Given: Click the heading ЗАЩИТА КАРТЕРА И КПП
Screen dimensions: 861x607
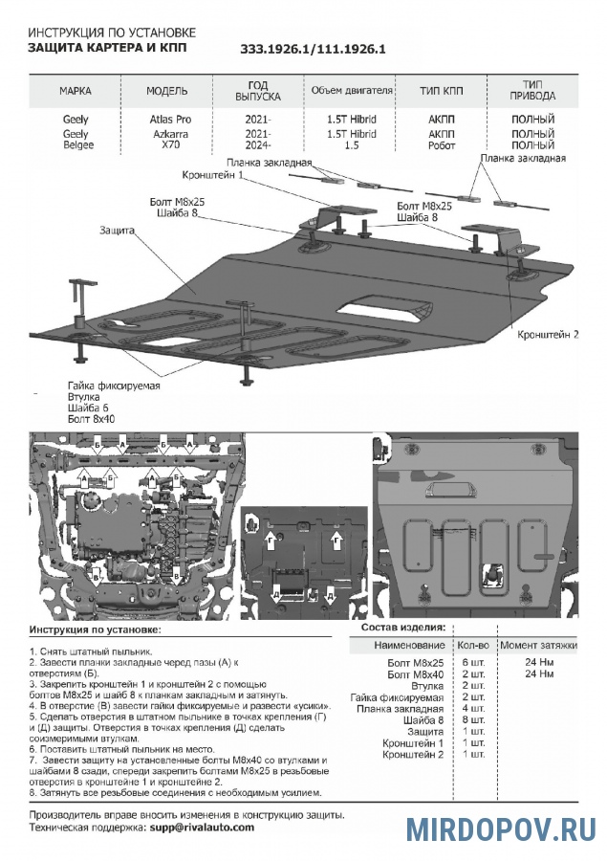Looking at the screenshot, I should [107, 46].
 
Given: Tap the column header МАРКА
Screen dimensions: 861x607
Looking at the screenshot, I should [76, 91].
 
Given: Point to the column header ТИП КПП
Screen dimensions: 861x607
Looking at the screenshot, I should [441, 91].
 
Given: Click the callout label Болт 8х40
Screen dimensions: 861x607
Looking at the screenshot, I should [91, 418].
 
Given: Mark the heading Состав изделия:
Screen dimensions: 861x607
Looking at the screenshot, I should [403, 627].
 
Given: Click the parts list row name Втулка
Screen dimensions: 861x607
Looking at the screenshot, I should [426, 685].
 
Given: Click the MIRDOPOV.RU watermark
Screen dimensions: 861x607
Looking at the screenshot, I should [500, 828].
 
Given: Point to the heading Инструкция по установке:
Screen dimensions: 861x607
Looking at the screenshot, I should [95, 631].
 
